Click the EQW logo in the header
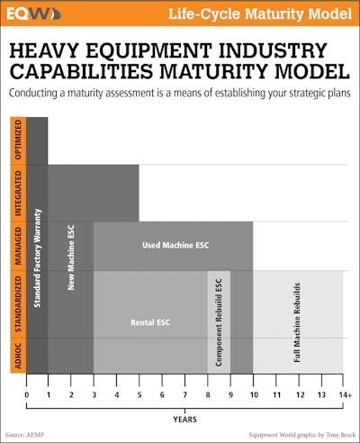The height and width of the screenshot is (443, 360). click(x=34, y=14)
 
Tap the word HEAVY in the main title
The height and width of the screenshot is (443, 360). click(x=49, y=52)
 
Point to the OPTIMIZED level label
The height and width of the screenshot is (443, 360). click(x=17, y=140)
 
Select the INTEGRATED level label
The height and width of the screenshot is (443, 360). click(x=17, y=193)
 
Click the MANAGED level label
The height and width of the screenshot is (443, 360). click(x=17, y=246)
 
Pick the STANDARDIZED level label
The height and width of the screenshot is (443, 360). click(x=17, y=304)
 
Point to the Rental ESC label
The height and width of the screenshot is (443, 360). click(x=149, y=320)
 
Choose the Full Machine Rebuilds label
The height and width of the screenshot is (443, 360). click(x=297, y=321)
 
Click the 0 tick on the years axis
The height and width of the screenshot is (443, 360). click(x=27, y=393)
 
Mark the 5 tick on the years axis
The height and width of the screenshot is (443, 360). click(x=139, y=393)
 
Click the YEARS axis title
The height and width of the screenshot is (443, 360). click(x=184, y=418)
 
